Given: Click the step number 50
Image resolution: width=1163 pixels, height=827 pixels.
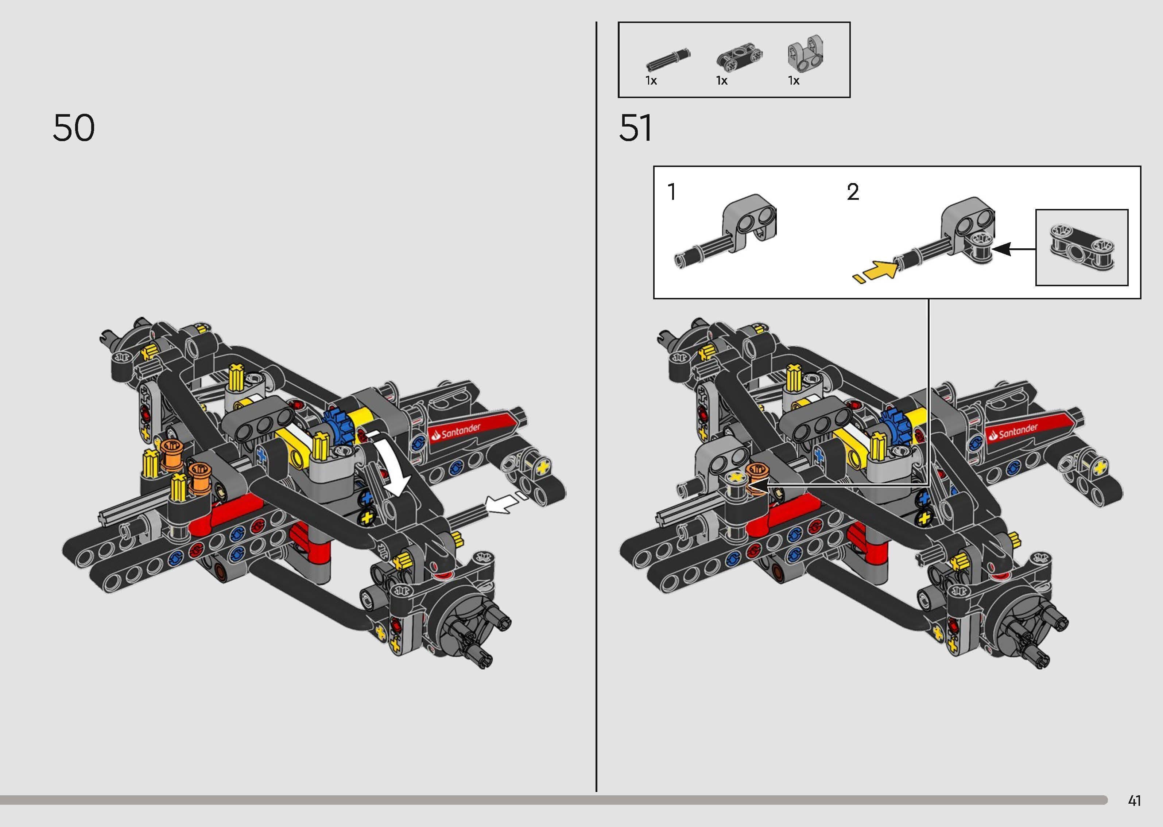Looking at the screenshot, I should (74, 128).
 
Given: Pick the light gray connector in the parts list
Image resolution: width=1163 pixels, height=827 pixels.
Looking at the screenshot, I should (806, 54).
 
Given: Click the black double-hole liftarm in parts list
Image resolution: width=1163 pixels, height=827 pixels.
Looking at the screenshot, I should (736, 59).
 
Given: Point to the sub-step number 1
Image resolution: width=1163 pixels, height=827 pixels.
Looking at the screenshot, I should (672, 192).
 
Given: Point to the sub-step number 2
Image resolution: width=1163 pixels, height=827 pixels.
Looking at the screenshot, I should (853, 192).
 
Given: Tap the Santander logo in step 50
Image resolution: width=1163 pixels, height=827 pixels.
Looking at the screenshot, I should (461, 432).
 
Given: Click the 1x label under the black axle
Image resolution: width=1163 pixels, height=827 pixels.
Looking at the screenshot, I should (651, 81).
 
